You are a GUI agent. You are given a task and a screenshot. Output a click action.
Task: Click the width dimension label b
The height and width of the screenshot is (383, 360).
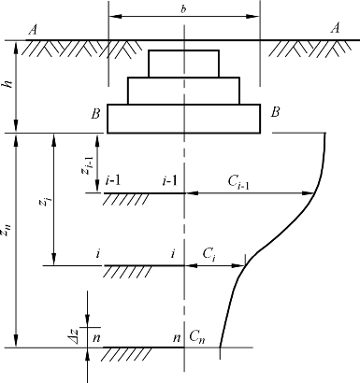coord(183,9)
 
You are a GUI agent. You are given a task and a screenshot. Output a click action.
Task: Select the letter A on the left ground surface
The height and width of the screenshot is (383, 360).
coord(33,30)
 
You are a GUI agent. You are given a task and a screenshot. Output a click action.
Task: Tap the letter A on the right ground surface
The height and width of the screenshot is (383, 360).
coord(335,28)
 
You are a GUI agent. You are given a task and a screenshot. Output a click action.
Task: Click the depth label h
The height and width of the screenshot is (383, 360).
coord(9,83)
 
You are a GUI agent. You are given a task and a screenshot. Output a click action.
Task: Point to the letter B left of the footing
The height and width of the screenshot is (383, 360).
coord(95,114)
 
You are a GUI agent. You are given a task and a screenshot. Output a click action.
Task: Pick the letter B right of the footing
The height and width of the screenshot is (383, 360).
coord(275,112)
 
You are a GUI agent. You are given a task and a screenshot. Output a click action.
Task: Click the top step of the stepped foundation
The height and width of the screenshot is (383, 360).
coord(183,64)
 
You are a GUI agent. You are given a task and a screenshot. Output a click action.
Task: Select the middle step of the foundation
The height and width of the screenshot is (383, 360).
coord(183,91)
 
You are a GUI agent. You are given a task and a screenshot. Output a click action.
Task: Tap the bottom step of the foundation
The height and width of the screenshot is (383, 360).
coord(183,119)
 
